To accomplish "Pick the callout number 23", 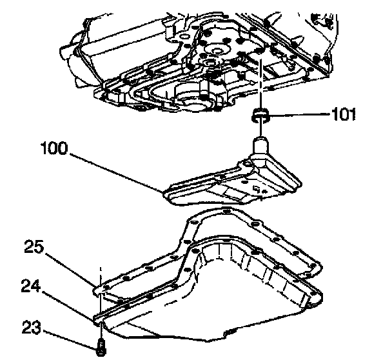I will point(34,328).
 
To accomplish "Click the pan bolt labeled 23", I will point(101,348).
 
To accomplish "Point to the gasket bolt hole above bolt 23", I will point(101,291).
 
